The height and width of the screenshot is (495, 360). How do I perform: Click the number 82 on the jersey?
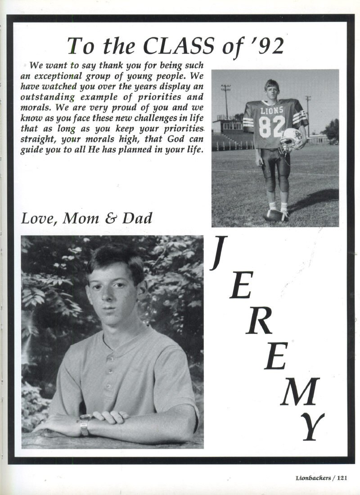(x=272, y=126)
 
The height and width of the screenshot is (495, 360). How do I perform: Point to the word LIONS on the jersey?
(x=272, y=110)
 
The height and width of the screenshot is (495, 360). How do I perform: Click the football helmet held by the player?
(x=291, y=140)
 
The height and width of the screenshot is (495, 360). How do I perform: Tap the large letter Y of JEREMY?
(x=312, y=425)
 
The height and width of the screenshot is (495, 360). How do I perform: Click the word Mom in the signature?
(x=81, y=218)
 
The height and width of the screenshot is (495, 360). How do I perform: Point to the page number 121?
(x=341, y=478)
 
